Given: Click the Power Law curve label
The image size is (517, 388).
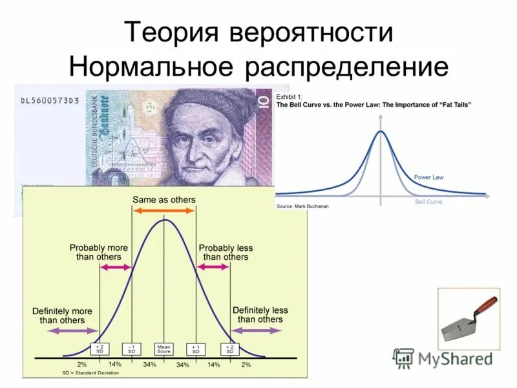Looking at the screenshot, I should pos(428,177).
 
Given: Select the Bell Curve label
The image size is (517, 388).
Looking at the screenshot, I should pos(428,202).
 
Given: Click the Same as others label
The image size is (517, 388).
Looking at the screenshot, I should pos(164,200).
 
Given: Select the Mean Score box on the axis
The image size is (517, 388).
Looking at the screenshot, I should pos(164,349).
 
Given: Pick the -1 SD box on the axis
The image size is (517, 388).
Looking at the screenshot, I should pos(131,349).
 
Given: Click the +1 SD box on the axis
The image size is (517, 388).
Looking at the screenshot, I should pos(196,349).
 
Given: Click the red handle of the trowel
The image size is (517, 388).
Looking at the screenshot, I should pos(487,305).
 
